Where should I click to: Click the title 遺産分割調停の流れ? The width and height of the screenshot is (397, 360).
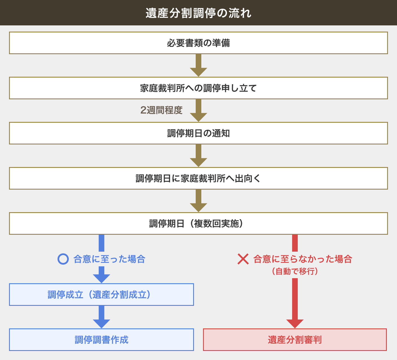pyautogui.click(x=198, y=13)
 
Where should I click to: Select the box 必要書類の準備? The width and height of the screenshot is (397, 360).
pyautogui.click(x=198, y=43)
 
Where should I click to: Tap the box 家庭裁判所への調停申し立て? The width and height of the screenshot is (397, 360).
pyautogui.click(x=198, y=88)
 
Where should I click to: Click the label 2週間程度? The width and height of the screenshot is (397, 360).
pyautogui.click(x=161, y=110)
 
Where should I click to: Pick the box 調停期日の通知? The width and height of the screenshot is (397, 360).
pyautogui.click(x=198, y=133)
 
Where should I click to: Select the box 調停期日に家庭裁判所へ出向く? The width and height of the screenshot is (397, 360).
pyautogui.click(x=198, y=178)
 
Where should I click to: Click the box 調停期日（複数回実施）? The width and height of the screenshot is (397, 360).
pyautogui.click(x=198, y=223)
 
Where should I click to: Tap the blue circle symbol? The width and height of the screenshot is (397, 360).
pyautogui.click(x=63, y=259)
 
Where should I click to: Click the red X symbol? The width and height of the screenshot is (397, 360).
pyautogui.click(x=243, y=259)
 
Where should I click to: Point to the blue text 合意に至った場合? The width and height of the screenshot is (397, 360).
pyautogui.click(x=109, y=259)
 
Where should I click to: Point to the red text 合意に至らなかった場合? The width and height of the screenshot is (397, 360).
pyautogui.click(x=303, y=259)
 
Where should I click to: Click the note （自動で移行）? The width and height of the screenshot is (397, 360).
pyautogui.click(x=295, y=271)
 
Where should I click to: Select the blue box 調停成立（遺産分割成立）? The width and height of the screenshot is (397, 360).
pyautogui.click(x=101, y=295)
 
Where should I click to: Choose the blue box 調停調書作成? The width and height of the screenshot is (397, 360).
pyautogui.click(x=101, y=340)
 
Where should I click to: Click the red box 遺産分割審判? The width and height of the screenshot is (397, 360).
pyautogui.click(x=295, y=340)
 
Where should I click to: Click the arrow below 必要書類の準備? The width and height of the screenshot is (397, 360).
pyautogui.click(x=198, y=66)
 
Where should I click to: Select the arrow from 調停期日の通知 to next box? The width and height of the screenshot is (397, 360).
pyautogui.click(x=198, y=156)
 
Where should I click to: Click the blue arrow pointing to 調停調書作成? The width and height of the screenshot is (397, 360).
pyautogui.click(x=102, y=317)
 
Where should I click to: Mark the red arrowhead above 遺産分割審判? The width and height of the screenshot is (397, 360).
pyautogui.click(x=295, y=323)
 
